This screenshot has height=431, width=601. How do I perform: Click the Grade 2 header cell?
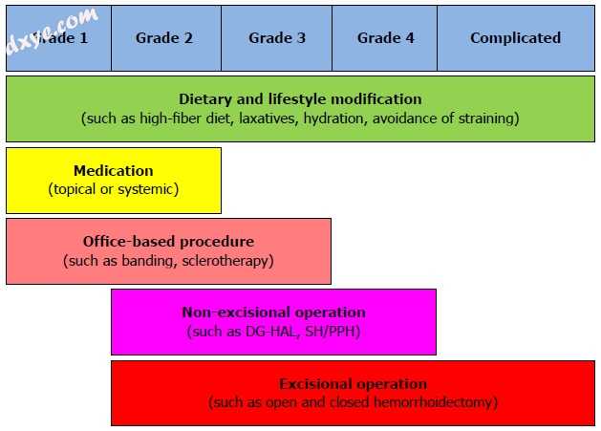pyautogui.click(x=164, y=38)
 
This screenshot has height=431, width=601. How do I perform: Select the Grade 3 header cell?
pyautogui.click(x=277, y=38)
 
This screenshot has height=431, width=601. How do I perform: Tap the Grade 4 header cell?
pyautogui.click(x=385, y=38)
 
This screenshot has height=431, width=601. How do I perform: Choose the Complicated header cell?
pyautogui.click(x=515, y=38)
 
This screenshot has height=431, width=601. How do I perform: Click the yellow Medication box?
pyautogui.click(x=114, y=180)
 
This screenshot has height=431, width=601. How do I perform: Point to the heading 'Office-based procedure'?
pyautogui.click(x=168, y=242)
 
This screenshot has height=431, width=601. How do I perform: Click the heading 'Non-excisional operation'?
pyautogui.click(x=273, y=312)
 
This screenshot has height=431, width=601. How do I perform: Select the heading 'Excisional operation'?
pyautogui.click(x=354, y=384)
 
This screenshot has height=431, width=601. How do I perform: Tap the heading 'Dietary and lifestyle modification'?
pyautogui.click(x=300, y=99)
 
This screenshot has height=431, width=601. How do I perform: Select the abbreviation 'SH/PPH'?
pyautogui.click(x=333, y=332)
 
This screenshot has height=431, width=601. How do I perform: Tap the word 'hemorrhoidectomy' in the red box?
pyautogui.click(x=438, y=402)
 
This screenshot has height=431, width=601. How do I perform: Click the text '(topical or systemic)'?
pyautogui.click(x=114, y=189)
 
